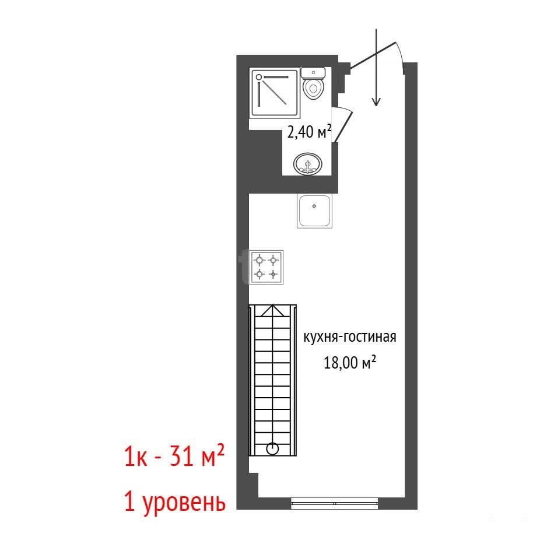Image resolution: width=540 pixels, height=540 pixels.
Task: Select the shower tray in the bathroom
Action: click(x=275, y=93)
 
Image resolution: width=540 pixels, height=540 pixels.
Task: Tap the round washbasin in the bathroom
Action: click(x=307, y=164)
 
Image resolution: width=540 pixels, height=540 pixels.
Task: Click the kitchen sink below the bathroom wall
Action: click(x=314, y=211)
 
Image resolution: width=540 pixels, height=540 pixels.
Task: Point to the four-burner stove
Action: click(x=267, y=267)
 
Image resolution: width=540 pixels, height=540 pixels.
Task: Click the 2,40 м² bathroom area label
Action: click(x=309, y=132)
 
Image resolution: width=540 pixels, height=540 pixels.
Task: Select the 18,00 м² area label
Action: click(x=349, y=363)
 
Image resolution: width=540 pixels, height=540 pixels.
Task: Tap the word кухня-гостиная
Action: click(x=349, y=336)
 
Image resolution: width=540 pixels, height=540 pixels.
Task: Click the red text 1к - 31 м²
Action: click(x=174, y=455)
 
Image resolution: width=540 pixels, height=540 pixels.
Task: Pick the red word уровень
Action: click(x=184, y=503)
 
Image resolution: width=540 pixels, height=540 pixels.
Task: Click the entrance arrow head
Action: click(x=376, y=101)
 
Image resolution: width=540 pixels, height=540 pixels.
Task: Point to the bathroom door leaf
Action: click(x=343, y=126)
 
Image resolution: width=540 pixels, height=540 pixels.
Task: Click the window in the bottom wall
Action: click(x=334, y=503)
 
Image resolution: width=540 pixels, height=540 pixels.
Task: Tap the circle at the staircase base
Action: click(x=272, y=449)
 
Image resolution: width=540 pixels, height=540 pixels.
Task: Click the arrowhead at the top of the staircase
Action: click(x=273, y=310)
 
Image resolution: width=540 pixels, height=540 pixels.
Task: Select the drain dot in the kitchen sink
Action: click(x=314, y=206)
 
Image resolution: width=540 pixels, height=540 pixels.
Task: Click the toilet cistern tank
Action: click(x=313, y=73)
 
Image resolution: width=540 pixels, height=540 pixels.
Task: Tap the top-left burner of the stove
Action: click(x=260, y=260)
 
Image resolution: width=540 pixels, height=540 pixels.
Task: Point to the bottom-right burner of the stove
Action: click(x=273, y=275)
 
